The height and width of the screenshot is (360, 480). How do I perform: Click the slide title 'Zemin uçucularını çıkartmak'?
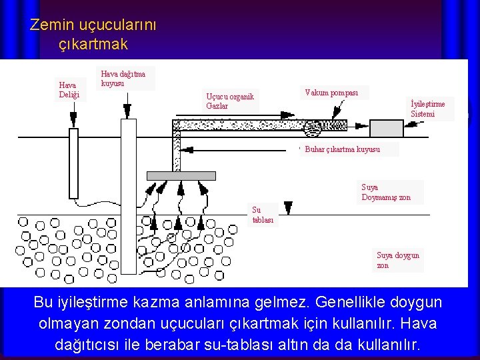click(x=93, y=35)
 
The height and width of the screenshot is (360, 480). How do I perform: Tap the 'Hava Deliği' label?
click(x=69, y=90)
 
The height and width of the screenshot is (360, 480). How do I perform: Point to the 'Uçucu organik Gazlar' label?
click(x=230, y=101)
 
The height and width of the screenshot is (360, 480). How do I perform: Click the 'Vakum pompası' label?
click(x=331, y=93)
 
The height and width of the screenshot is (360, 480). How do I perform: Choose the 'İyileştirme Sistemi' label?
click(x=428, y=109)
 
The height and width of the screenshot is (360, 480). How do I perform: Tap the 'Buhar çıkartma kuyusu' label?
click(x=342, y=149)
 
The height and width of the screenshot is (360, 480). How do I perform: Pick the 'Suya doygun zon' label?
click(x=398, y=260)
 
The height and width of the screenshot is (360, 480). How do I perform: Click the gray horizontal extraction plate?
click(x=181, y=176)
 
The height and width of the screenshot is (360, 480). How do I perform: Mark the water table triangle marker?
click(x=288, y=207)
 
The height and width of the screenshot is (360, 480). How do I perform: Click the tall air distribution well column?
click(x=127, y=200)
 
